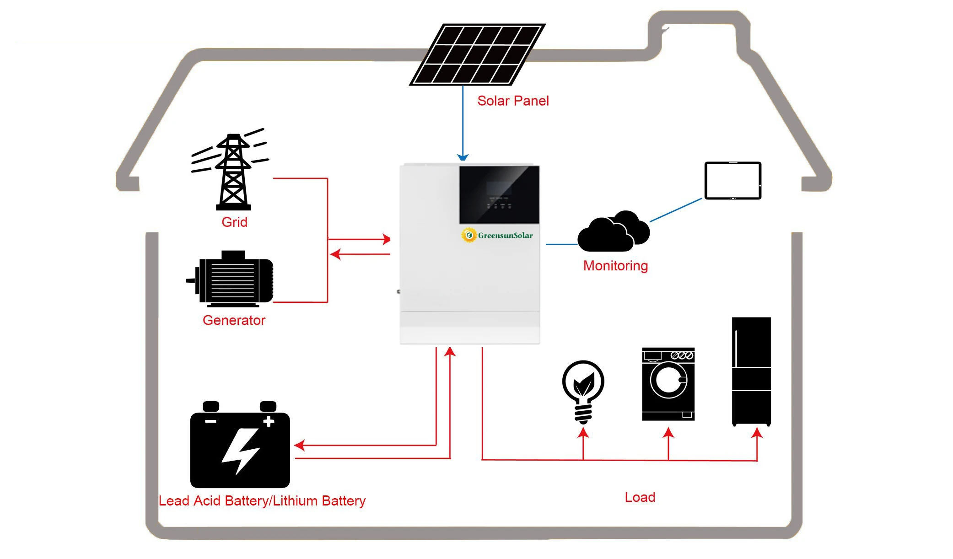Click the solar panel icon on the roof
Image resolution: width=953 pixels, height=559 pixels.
(477, 54)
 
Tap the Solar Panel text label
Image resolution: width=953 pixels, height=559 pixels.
(512, 101)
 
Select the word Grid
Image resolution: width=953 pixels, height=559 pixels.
(234, 222)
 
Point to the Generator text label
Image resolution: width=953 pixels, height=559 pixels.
(234, 320)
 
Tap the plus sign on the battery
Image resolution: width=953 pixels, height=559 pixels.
(269, 421)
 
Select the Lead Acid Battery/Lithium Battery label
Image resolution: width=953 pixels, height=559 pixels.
(262, 501)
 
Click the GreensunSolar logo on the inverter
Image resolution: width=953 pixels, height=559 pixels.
(497, 235)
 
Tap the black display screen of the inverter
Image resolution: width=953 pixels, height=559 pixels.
(499, 194)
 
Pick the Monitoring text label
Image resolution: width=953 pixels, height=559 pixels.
(615, 266)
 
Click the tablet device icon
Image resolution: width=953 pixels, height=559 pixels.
(732, 181)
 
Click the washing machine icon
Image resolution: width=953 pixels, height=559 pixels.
(668, 384)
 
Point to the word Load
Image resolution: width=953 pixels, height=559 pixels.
(640, 497)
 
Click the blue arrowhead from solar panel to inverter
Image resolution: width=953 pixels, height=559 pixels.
(463, 157)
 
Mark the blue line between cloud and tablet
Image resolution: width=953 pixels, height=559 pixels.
(676, 210)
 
